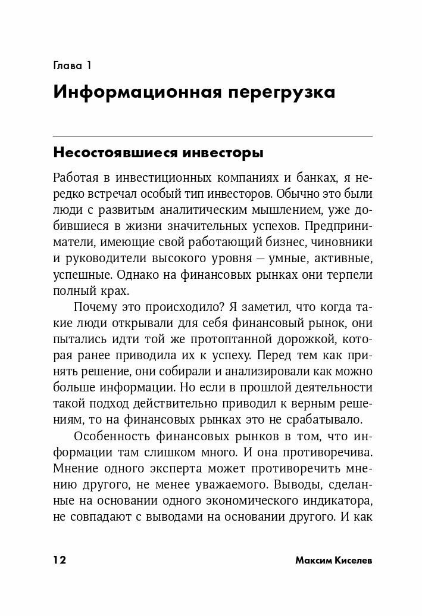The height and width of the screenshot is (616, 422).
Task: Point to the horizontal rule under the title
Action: (212, 136)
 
